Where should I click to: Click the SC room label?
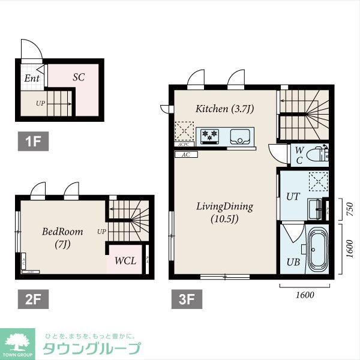pyautogui.click(x=79, y=77)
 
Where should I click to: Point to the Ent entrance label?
pyautogui.click(x=31, y=79)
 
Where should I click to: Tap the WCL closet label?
pyautogui.click(x=125, y=261)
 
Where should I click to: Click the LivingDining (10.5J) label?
pyautogui.click(x=224, y=212)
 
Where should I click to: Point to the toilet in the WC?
pyautogui.click(x=315, y=156)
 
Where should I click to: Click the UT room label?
pyautogui.click(x=293, y=196)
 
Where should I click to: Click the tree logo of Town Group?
pyautogui.click(x=20, y=342)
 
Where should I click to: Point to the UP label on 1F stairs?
pyautogui.click(x=40, y=103)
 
